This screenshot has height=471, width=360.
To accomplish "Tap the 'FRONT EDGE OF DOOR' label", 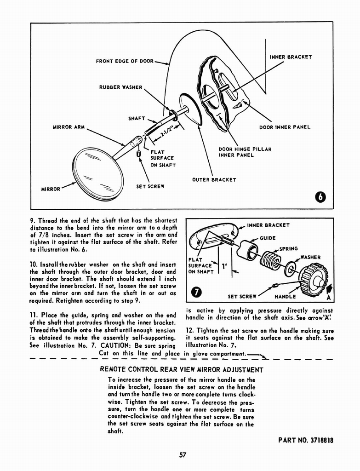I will pyautogui.click(x=124, y=61).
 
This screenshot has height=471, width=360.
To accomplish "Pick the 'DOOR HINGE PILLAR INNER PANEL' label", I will pyautogui.click(x=245, y=152).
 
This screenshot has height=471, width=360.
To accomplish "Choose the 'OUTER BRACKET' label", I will pyautogui.click(x=214, y=179).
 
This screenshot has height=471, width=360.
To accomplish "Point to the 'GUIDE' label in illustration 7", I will pyautogui.click(x=267, y=238).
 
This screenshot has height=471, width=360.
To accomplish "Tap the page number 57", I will pyautogui.click(x=182, y=455).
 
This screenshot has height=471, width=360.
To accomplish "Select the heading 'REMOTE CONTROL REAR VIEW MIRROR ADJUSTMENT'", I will pyautogui.click(x=182, y=369).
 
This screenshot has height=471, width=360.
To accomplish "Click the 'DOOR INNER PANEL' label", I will pyautogui.click(x=285, y=127).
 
